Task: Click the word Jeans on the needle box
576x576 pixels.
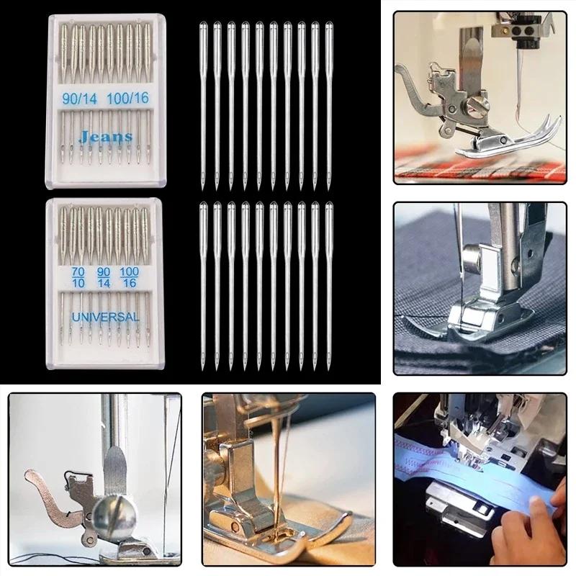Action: coord(105,136)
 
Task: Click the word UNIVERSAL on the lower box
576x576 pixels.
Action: coord(105,316)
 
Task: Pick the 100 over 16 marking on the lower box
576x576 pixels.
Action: coord(129,277)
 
